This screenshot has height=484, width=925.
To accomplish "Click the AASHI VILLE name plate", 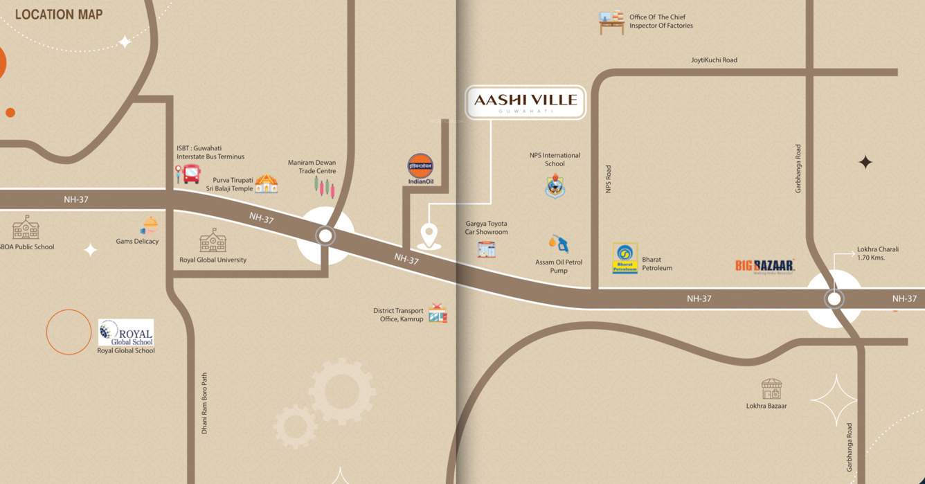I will pyautogui.click(x=525, y=102).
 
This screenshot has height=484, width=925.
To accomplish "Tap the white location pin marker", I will pyautogui.click(x=429, y=235).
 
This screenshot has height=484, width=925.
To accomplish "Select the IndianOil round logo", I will pyautogui.click(x=420, y=166).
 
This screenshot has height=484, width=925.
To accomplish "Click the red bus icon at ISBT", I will pyautogui.click(x=191, y=174).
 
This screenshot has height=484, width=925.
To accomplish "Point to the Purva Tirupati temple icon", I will pyautogui.click(x=266, y=183).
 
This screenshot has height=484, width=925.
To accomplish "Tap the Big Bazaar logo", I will pyautogui.click(x=764, y=266).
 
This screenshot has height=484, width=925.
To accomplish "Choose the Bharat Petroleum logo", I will pyautogui.click(x=625, y=258).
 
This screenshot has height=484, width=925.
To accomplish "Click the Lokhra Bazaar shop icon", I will pyautogui.click(x=771, y=389).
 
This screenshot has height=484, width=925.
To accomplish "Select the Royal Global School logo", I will pyautogui.click(x=126, y=332).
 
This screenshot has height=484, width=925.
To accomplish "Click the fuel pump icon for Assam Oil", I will pyautogui.click(x=559, y=244).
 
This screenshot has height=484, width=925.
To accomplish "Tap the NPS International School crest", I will pyautogui.click(x=555, y=186).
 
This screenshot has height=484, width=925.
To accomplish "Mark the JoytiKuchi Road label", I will pyautogui.click(x=714, y=60).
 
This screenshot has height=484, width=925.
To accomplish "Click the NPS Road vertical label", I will pyautogui.click(x=609, y=179).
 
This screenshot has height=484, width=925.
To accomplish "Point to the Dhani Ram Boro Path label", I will pyautogui.click(x=204, y=403).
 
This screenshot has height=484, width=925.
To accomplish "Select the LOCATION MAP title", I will pyautogui.click(x=59, y=14).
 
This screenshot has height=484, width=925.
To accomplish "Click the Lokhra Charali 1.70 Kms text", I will pyautogui.click(x=877, y=253).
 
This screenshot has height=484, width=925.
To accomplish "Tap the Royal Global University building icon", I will pyautogui.click(x=213, y=241).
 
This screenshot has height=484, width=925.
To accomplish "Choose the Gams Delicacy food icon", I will pyautogui.click(x=150, y=226).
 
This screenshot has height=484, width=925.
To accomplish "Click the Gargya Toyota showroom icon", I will pyautogui.click(x=486, y=249).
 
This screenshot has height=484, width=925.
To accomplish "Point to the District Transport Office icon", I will pyautogui.click(x=437, y=314).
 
